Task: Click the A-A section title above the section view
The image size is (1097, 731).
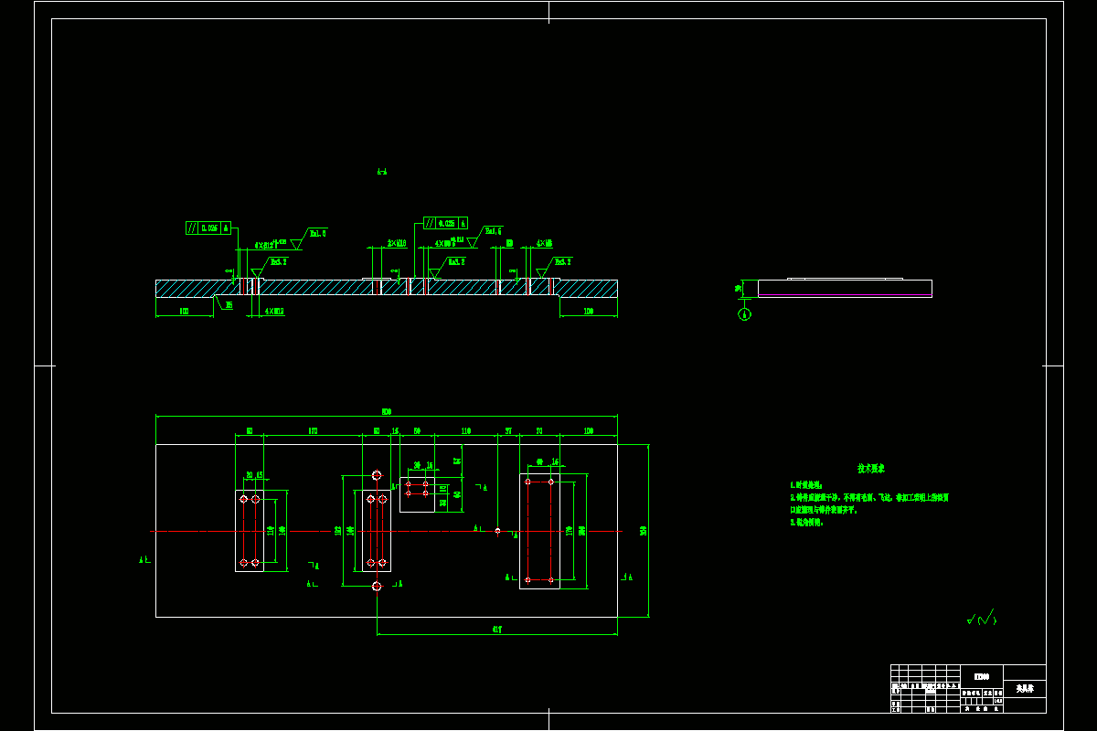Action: pos(381,171)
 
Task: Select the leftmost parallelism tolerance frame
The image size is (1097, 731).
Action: pos(208,228)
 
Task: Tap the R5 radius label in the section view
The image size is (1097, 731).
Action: pos(229,305)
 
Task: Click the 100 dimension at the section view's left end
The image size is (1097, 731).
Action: pos(184,312)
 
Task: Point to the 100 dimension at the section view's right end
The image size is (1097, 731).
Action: pos(588,312)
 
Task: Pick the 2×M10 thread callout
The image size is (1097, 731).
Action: pos(397,244)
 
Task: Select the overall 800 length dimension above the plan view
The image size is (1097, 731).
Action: pos(386,410)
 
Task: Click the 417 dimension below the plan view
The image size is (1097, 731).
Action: pos(497,629)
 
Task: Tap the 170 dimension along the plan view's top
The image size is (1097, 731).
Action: pos(313,430)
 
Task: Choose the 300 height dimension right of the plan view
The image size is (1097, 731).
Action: pos(643,531)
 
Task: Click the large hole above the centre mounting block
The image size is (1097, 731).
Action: pos(377,475)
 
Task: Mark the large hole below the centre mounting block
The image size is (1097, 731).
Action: pos(377,587)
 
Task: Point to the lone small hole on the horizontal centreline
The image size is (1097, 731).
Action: pos(497,531)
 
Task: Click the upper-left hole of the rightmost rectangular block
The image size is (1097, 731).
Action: pos(527,482)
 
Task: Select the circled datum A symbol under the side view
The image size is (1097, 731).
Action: pos(744,314)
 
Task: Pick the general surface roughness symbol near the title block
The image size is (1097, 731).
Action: pos(982,620)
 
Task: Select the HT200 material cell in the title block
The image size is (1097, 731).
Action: pos(981,676)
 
